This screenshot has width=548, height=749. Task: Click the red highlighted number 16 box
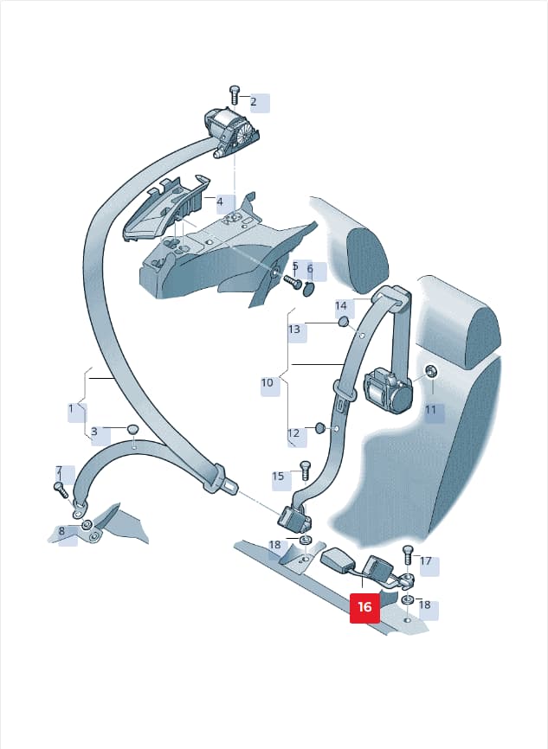click(364, 606)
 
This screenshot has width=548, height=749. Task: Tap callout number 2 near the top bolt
click(254, 102)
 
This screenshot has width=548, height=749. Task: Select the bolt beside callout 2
click(235, 95)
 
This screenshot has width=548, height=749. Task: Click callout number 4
click(220, 202)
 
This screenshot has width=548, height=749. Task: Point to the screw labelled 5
click(291, 282)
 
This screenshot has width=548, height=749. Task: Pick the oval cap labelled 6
click(309, 289)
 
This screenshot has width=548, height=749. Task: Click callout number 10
click(268, 382)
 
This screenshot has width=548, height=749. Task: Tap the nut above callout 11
click(430, 371)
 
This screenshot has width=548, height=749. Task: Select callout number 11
click(431, 409)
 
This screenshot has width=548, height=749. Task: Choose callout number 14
click(340, 305)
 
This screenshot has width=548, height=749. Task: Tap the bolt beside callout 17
click(408, 554)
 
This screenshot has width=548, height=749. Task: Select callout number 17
click(426, 560)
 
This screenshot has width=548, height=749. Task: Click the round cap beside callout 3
click(132, 430)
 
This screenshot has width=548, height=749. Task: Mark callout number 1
click(71, 409)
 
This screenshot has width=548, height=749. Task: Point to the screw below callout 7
click(61, 490)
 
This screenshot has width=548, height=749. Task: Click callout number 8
click(61, 531)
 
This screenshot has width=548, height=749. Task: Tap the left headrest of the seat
click(366, 259)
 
